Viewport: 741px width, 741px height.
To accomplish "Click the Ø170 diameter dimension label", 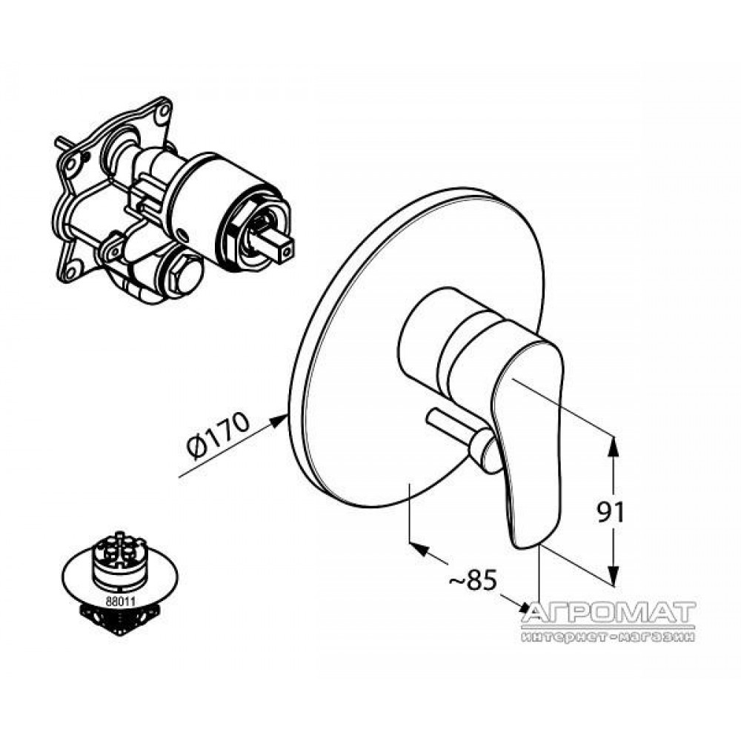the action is click(217, 435).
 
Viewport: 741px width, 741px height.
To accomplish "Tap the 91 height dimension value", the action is click(611, 512).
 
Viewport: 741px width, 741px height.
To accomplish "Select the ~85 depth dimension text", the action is click(472, 579).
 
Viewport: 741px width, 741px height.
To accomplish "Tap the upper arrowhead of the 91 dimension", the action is click(612, 447).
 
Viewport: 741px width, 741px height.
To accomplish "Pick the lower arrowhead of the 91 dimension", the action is click(612, 575).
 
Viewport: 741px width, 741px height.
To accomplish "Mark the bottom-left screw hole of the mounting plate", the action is click(71, 273).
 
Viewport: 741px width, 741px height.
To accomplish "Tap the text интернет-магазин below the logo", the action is click(608, 637).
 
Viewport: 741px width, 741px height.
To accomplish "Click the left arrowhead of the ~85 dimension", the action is click(419, 549).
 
